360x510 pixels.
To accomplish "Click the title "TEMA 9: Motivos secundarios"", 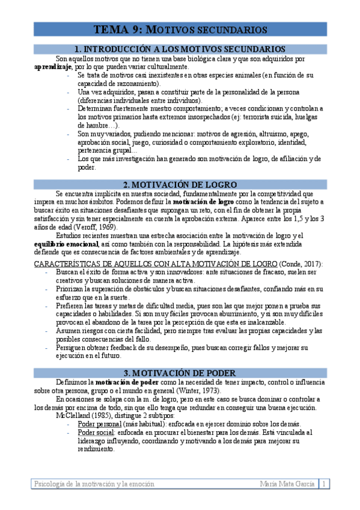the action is [x=180, y=29].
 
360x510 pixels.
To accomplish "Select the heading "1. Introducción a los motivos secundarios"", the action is [x=180, y=49].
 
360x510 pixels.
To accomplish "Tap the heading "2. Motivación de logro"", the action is [x=180, y=184].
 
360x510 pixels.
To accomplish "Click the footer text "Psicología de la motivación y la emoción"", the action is [x=94, y=484].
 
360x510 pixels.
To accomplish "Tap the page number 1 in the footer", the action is [x=325, y=484].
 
